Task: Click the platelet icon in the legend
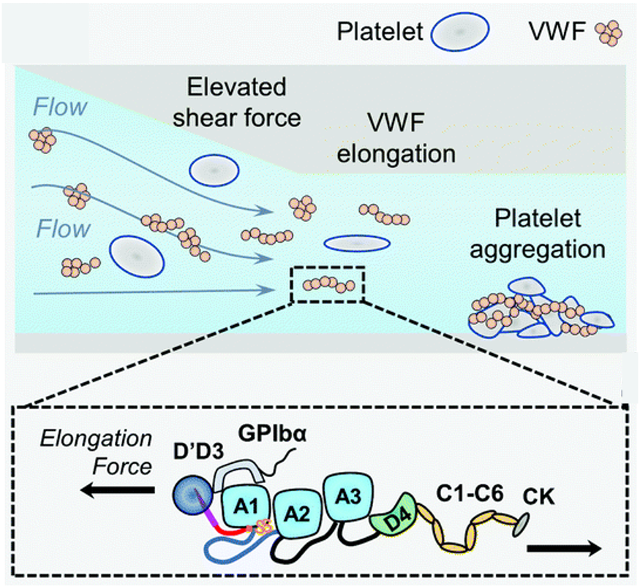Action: pos(460,32)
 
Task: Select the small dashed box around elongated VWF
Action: pos(328,284)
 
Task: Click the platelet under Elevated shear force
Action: pos(214,170)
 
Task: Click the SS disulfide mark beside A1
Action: pos(262,526)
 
